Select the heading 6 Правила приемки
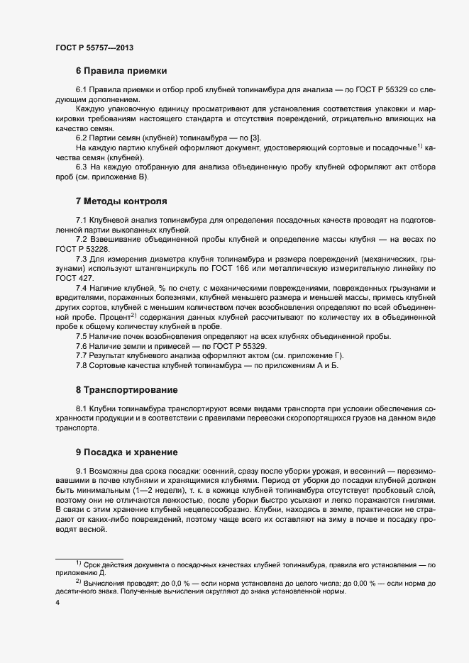tap(121, 71)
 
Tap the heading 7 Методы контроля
tap(121, 201)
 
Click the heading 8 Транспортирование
tap(126, 390)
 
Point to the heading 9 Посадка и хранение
tap(126, 452)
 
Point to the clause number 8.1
tap(82, 409)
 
